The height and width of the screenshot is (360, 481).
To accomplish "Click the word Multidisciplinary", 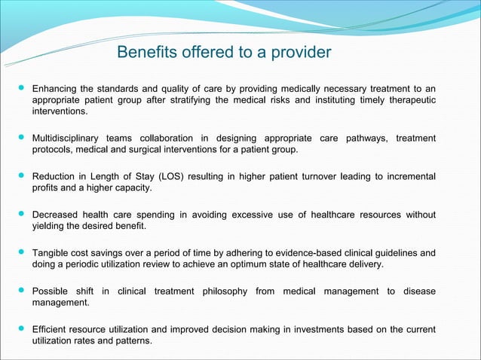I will point(69,139).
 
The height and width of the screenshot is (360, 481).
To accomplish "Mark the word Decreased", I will point(56,214).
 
